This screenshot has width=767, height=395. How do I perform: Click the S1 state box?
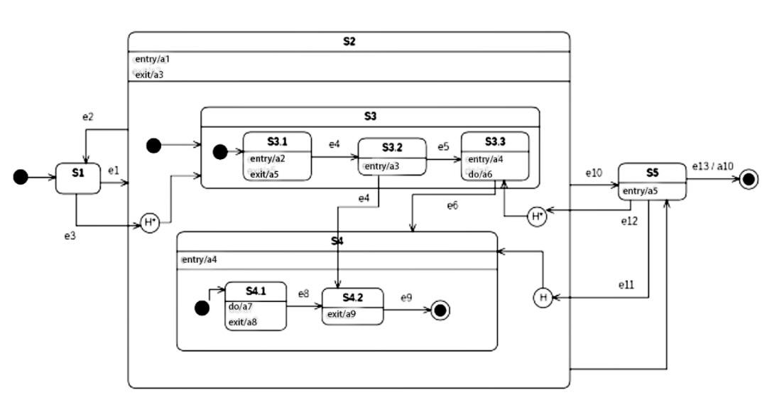click(77, 178)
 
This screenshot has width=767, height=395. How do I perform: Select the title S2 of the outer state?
click(349, 41)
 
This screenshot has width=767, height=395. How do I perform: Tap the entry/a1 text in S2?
click(152, 59)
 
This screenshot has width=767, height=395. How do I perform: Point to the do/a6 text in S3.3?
click(482, 174)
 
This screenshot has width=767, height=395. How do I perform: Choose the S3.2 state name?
click(391, 148)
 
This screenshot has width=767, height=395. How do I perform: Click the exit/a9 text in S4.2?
click(342, 313)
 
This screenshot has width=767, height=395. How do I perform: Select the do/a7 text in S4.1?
click(240, 307)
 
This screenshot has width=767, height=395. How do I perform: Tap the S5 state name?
click(652, 173)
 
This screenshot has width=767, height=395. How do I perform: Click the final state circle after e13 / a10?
click(749, 180)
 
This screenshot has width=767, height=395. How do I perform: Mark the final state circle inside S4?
click(440, 310)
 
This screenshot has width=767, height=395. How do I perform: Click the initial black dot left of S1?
click(21, 177)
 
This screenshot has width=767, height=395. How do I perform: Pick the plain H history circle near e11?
click(543, 298)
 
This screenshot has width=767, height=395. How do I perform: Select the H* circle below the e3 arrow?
click(149, 222)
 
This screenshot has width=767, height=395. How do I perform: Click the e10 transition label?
click(594, 173)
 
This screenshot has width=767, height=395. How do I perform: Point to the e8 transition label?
click(303, 293)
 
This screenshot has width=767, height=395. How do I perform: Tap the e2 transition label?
click(88, 117)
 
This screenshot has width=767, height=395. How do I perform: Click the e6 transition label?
click(452, 205)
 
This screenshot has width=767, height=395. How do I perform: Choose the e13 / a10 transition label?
click(713, 166)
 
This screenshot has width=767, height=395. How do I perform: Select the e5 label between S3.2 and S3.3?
click(443, 147)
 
